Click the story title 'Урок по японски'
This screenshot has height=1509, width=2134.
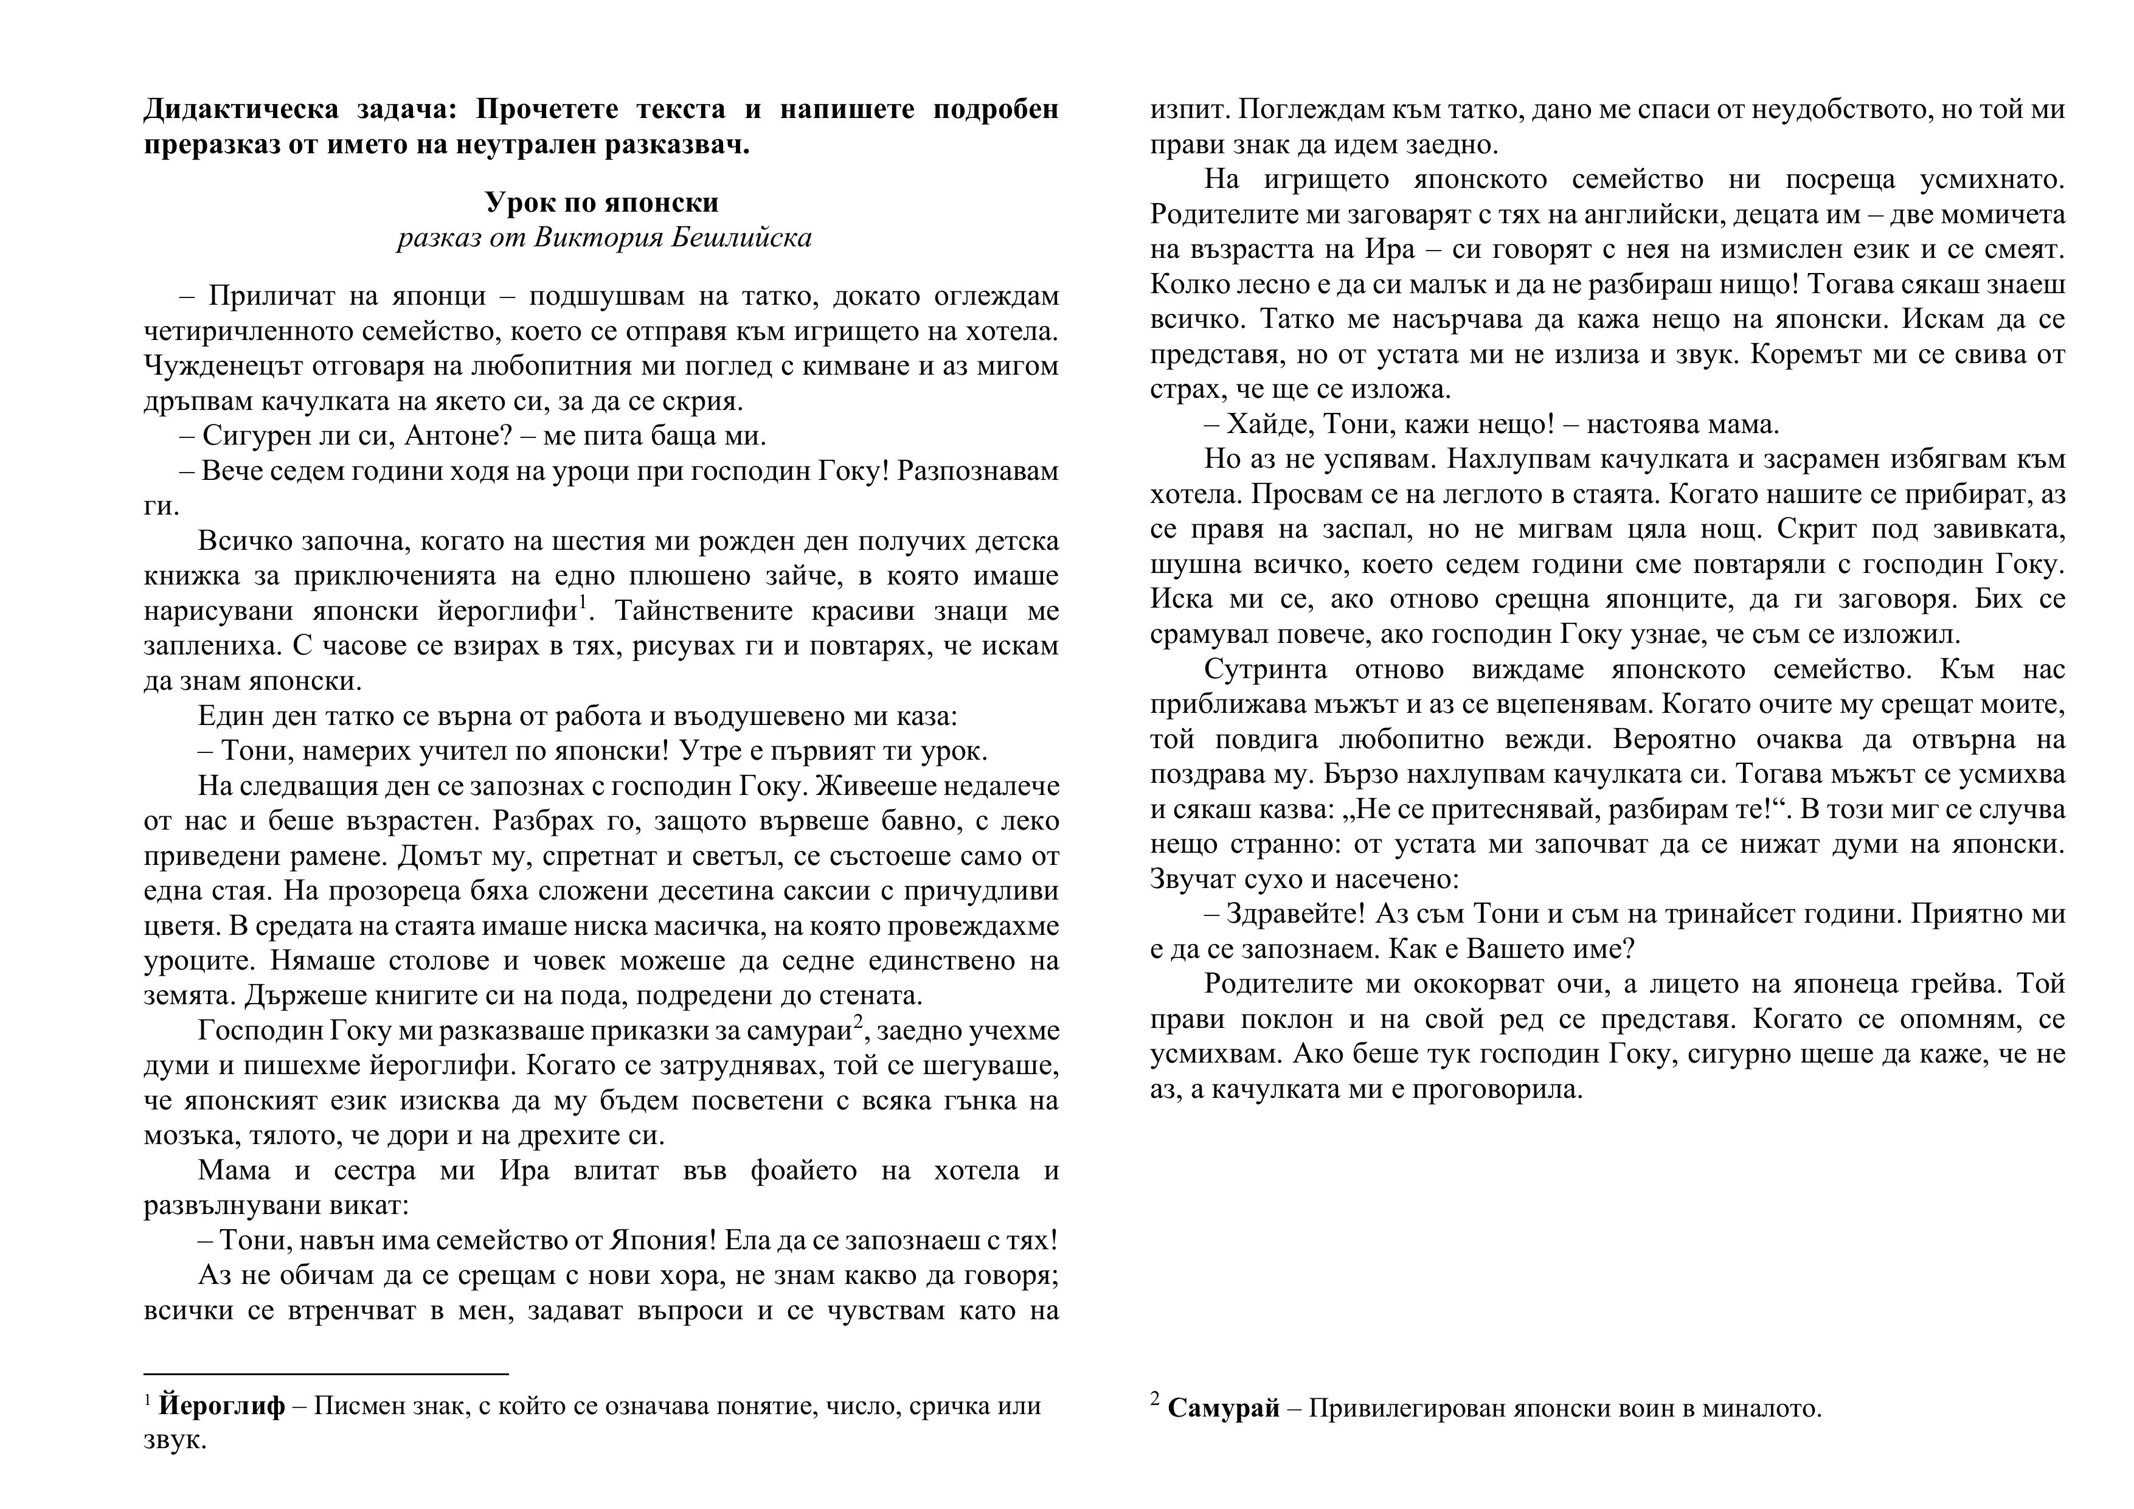click(x=601, y=202)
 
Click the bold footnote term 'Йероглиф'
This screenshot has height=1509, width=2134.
click(x=222, y=1405)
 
